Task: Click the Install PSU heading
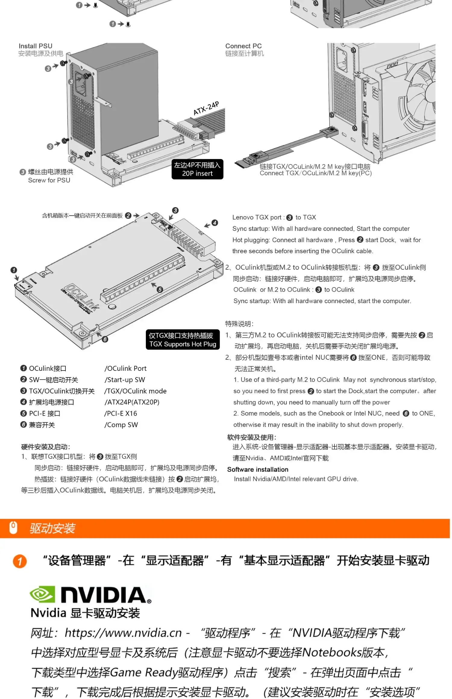(x=35, y=46)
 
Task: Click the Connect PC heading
(x=243, y=46)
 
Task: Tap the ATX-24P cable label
(x=206, y=108)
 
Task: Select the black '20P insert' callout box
(x=197, y=169)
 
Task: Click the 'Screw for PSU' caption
(x=49, y=180)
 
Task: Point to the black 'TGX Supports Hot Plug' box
(x=183, y=340)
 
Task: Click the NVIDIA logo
(x=90, y=595)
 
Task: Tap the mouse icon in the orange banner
(x=13, y=528)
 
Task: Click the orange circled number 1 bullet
(x=20, y=561)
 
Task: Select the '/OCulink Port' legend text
(x=125, y=368)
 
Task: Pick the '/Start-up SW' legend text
(x=125, y=380)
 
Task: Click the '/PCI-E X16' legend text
(x=121, y=414)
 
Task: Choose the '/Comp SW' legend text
(x=121, y=425)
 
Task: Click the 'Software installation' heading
(x=258, y=470)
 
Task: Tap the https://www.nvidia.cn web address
(x=123, y=633)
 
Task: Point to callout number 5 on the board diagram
(x=160, y=290)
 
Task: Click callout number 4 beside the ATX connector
(x=215, y=223)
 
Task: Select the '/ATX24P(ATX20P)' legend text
(x=132, y=402)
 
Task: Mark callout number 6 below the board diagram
(x=105, y=339)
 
